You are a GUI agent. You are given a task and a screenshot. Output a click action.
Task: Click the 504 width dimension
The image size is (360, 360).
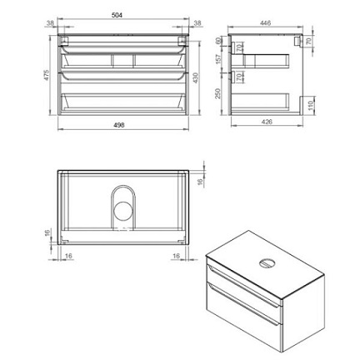click(x=117, y=15)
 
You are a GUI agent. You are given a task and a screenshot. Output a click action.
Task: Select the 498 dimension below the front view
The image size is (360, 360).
click(x=119, y=125)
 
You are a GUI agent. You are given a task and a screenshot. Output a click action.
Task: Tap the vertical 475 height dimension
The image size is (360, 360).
click(x=46, y=75)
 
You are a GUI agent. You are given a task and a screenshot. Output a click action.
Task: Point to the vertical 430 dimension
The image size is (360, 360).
click(x=196, y=78)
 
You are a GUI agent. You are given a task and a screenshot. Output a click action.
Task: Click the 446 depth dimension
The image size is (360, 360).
click(x=265, y=23)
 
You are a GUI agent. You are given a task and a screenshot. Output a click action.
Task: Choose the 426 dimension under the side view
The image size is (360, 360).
click(x=267, y=122)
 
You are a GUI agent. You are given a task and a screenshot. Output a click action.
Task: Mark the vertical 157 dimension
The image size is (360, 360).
click(x=218, y=59)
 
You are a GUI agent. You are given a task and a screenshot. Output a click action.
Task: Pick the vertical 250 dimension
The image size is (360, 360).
click(x=217, y=93)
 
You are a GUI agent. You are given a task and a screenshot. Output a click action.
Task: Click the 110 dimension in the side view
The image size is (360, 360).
click(x=311, y=105)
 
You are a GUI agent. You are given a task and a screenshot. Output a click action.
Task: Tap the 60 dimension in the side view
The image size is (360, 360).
click(x=218, y=41)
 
